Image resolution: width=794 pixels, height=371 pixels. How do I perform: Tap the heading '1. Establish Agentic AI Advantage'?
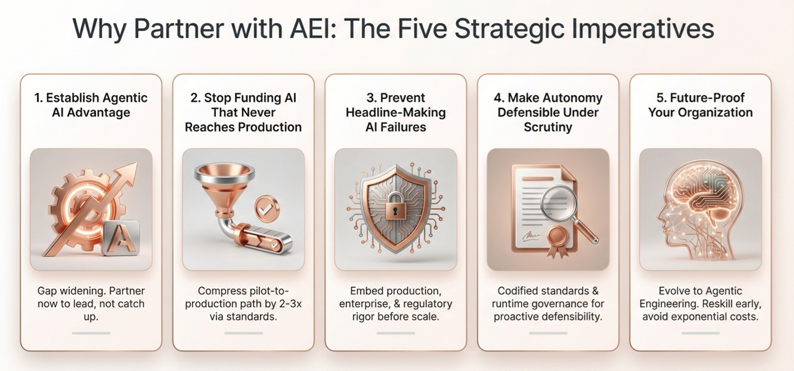click(91, 105)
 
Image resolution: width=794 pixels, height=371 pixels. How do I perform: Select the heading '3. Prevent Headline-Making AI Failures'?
click(396, 112)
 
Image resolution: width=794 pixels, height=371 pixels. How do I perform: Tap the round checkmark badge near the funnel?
click(267, 208)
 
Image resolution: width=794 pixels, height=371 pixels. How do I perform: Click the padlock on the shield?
click(396, 206)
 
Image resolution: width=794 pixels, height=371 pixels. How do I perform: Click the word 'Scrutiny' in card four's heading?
click(548, 127)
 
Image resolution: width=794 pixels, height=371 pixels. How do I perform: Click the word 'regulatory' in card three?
click(427, 304)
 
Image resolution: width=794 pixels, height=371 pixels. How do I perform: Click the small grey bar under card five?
click(701, 333)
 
